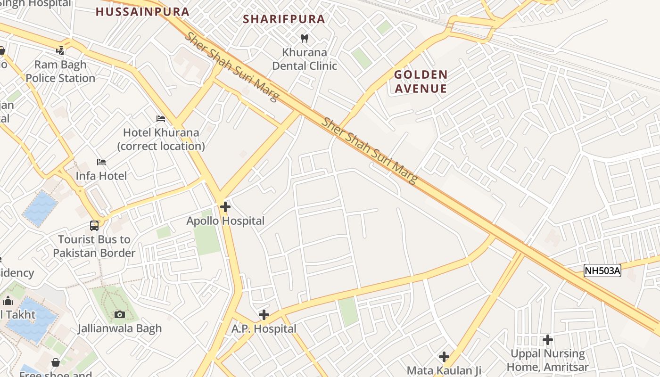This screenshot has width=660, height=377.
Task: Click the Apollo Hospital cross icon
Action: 225,206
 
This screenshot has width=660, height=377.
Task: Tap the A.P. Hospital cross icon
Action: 264,315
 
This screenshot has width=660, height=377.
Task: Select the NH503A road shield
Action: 602,270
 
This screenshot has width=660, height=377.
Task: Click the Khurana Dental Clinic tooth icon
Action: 305,38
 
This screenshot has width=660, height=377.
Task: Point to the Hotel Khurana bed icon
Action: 161,119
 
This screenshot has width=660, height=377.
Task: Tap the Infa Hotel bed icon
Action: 101,162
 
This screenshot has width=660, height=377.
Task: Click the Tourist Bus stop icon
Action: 94,226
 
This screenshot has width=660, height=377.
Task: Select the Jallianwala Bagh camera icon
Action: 120,314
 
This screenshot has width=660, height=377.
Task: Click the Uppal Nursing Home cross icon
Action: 547,339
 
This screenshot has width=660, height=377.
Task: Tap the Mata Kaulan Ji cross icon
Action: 444,357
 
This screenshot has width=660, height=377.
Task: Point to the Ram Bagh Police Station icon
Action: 60,50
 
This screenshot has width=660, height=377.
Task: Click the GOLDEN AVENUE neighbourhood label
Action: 421,82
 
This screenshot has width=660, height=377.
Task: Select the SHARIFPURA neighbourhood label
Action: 284,19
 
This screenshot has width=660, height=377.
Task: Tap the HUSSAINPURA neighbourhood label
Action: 142,12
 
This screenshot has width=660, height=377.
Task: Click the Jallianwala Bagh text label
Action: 120,328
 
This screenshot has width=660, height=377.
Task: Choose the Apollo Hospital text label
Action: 225,221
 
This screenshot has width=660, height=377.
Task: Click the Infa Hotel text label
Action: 101,176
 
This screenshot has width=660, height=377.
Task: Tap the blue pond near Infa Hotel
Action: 40,208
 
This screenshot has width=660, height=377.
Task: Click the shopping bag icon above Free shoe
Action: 56,362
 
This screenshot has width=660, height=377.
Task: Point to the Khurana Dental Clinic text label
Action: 305,59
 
